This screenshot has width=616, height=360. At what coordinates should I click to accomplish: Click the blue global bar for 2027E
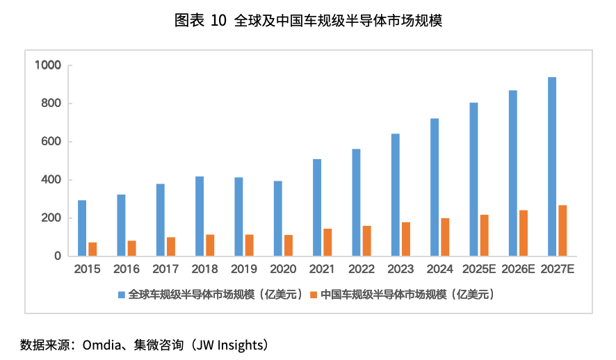tap(552, 167)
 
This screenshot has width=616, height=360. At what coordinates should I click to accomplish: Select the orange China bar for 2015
tap(92, 249)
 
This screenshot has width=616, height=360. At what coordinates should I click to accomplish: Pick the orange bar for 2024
tap(445, 237)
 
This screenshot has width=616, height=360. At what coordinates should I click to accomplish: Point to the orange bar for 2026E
tap(524, 233)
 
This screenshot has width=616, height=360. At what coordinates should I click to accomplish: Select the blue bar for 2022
tap(356, 202)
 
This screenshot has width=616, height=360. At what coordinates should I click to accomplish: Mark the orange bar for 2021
tap(327, 242)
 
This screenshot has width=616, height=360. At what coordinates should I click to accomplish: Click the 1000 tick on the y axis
tap(49, 65)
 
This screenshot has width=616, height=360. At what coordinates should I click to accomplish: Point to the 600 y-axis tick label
tap(53, 142)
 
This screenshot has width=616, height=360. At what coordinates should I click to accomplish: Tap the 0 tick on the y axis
tap(58, 256)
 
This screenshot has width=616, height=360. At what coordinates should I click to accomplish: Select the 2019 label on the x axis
tap(243, 269)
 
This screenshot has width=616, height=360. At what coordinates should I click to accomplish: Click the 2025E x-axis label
tap(478, 269)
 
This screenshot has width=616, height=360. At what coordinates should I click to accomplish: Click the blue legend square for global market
tap(122, 295)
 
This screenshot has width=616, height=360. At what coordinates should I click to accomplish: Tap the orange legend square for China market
tap(314, 295)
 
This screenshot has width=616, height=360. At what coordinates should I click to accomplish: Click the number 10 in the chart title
tap(218, 21)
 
